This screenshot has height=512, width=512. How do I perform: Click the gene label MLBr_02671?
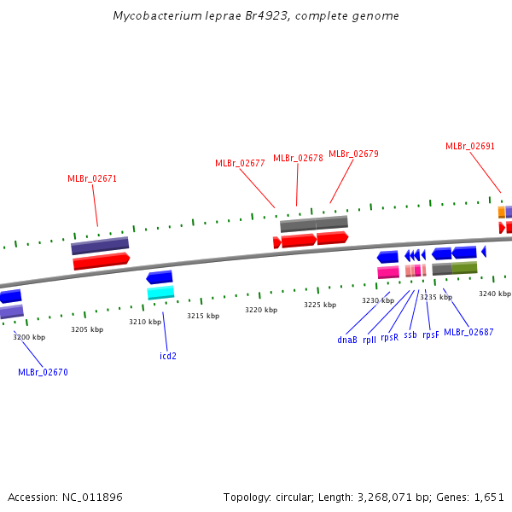click(x=92, y=179)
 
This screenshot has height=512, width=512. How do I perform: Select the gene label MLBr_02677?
click(x=240, y=163)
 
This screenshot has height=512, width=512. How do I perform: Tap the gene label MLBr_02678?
click(x=298, y=158)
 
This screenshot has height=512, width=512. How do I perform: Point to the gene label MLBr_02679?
click(x=353, y=154)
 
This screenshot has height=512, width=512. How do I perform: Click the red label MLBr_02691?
click(x=470, y=146)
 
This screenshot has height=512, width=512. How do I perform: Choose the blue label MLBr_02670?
click(x=43, y=372)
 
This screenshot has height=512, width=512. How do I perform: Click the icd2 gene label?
click(x=168, y=356)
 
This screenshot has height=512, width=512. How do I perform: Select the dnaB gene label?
click(x=347, y=340)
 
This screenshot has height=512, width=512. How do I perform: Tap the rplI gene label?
click(x=369, y=340)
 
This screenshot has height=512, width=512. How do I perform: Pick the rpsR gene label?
click(x=390, y=337)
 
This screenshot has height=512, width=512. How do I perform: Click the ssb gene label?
click(x=410, y=335)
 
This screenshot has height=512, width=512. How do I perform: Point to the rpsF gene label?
click(x=431, y=335)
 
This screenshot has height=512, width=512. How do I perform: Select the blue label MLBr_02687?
click(x=468, y=332)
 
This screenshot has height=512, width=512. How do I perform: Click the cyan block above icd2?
click(x=160, y=293)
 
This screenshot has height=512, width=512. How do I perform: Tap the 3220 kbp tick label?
click(x=261, y=310)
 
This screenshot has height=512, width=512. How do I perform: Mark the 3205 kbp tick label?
click(x=87, y=329)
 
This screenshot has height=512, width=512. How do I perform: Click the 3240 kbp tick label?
click(x=494, y=294)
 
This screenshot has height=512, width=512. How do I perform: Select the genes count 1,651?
click(x=489, y=497)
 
